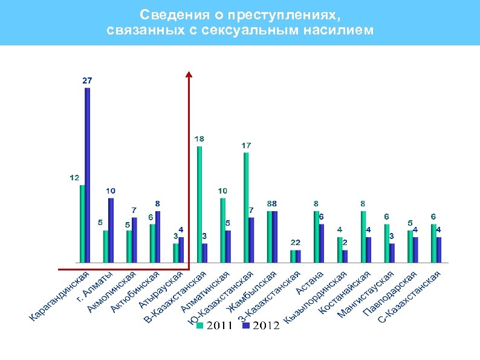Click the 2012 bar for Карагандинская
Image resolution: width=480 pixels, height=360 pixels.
pos(88,175)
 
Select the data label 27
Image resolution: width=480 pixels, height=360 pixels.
pos(87,80)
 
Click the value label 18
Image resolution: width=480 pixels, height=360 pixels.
pos(199,139)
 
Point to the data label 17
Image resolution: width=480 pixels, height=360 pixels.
pos(246,146)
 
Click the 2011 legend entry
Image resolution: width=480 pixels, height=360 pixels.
pos(215,326)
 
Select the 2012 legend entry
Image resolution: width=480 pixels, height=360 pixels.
pos(261,326)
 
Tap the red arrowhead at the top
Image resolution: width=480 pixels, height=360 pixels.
pos(189,74)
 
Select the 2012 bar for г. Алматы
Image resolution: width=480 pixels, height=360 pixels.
pos(111,231)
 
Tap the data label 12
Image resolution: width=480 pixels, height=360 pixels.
pos(74,178)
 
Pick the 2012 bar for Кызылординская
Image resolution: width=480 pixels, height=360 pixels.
pos(345,257)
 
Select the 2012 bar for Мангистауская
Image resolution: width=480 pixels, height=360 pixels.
pos(392,253)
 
